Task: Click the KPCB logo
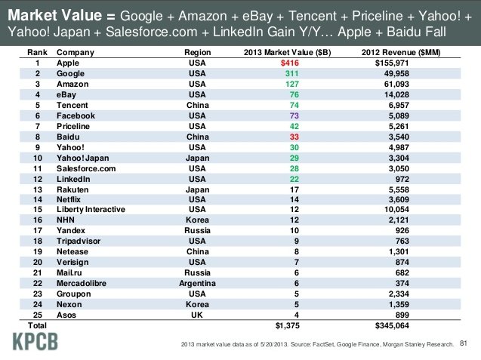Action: (35, 343)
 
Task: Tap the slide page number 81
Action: (464, 344)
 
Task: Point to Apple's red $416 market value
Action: (290, 63)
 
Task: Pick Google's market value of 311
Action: (293, 74)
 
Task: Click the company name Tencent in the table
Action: (72, 106)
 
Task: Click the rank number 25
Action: (37, 314)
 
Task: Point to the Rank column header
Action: (37, 53)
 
